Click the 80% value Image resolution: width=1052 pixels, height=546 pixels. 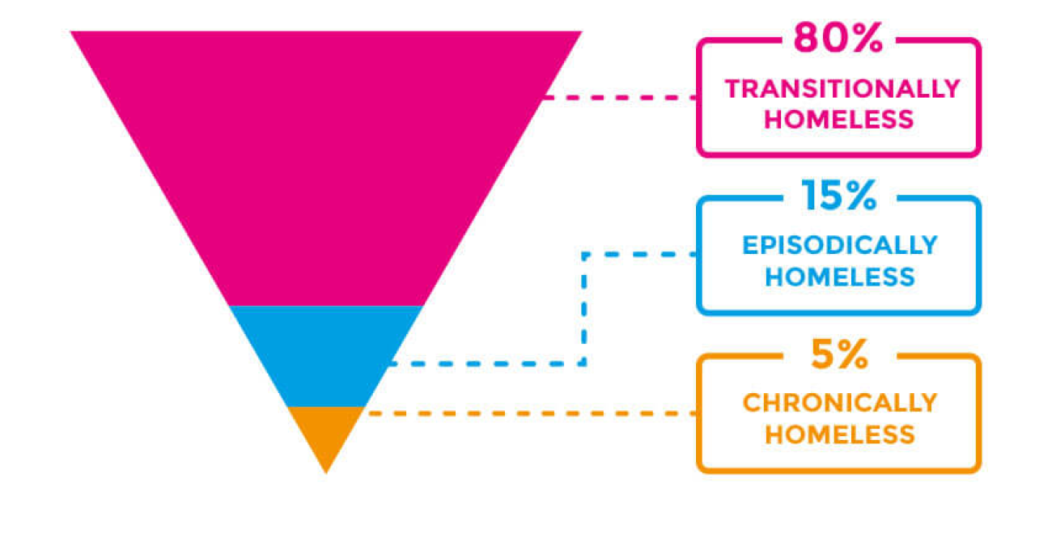point(838,38)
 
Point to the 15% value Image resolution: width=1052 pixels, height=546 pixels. point(838,197)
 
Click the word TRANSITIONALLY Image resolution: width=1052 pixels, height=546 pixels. point(842,88)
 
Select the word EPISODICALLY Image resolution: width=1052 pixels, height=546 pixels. point(840,245)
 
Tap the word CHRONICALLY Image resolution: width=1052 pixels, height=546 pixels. point(840,403)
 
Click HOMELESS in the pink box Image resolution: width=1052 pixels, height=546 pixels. point(839,120)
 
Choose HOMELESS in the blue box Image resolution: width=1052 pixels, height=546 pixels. point(840,277)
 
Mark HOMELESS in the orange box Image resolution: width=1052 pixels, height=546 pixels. point(840,434)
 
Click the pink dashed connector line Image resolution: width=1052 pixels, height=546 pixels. point(619,97)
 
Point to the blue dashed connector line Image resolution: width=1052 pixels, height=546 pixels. point(583,307)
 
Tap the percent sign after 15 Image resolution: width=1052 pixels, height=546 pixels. point(859,197)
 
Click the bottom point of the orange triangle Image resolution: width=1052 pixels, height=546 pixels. point(326,471)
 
